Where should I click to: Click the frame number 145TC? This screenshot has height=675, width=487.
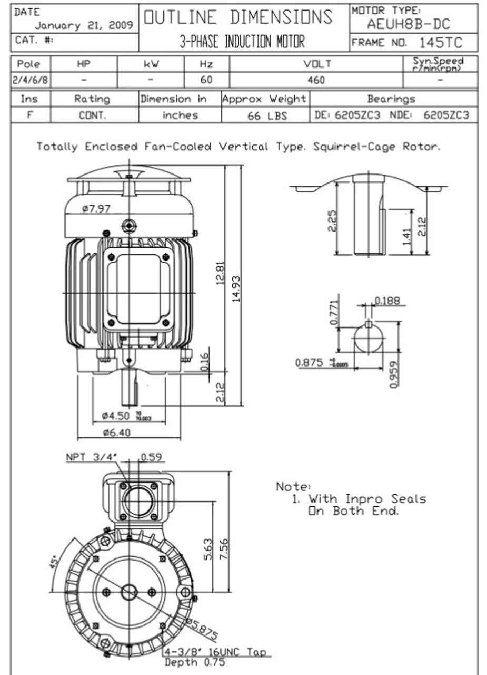point(441,43)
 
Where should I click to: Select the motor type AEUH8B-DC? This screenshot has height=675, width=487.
point(409,24)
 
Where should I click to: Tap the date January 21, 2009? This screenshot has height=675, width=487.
point(84,25)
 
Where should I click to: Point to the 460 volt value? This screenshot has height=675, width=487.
point(316,80)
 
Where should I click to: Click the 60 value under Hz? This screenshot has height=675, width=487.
point(206,80)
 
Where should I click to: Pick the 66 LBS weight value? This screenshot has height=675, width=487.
point(267,115)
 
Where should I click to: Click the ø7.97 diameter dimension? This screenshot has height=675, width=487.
point(97,208)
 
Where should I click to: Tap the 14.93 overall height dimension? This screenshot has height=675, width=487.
point(236,288)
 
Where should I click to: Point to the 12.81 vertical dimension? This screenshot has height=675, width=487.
point(221,273)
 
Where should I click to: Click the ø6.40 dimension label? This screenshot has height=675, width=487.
point(117,433)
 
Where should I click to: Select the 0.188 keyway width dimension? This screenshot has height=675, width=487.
point(387,301)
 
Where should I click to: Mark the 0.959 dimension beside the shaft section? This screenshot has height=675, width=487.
point(394,373)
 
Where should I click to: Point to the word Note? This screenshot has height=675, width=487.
point(293,486)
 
